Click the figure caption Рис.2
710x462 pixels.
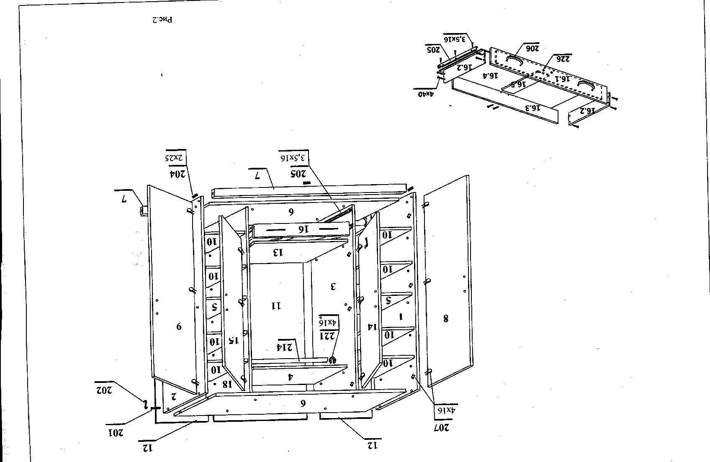point(162,19)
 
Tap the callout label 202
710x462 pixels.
point(103,390)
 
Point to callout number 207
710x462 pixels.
point(442,428)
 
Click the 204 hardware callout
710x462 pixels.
point(177,173)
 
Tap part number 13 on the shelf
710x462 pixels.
point(278,252)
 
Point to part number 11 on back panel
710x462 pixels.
point(276,306)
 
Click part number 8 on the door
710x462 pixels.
point(445,319)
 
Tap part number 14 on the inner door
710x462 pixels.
point(369,326)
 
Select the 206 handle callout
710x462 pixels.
point(532,48)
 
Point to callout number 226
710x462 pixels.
point(562,58)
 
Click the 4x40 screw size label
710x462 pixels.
point(426,94)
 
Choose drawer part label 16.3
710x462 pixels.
point(533,108)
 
